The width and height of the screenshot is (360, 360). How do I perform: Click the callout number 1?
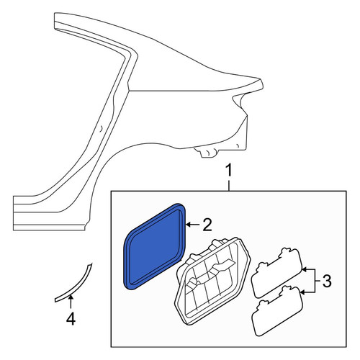click(229, 171)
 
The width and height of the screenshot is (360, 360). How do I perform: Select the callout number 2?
click(207, 225)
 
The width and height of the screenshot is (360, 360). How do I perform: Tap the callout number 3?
click(327, 281)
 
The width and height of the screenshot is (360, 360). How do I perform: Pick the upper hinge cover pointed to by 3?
click(276, 272)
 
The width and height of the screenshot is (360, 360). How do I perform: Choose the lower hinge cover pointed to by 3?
click(277, 310)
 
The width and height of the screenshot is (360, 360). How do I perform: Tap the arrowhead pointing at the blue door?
click(189, 225)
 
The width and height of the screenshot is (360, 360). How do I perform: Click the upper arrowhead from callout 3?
click(304, 269)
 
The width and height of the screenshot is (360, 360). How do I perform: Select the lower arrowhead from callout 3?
click(303, 292)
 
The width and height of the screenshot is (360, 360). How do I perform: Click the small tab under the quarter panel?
click(206, 153)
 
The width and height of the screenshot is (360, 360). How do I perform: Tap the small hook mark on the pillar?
click(102, 128)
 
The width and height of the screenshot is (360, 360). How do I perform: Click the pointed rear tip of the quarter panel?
click(261, 84)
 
